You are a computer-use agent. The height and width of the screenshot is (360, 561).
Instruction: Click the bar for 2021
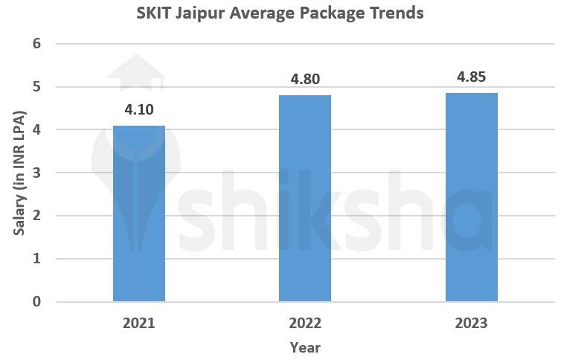(139, 213)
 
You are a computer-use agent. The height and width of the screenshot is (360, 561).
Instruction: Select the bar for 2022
(305, 199)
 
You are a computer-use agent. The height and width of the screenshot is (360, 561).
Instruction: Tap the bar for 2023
(471, 197)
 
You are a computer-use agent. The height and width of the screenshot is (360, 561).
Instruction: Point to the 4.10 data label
(139, 109)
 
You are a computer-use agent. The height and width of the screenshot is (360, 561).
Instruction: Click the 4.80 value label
(305, 80)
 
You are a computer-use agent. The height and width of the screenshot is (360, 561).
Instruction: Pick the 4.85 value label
(472, 77)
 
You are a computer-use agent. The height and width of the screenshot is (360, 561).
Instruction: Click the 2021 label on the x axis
(139, 323)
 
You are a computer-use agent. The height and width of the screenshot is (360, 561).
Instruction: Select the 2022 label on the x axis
(305, 323)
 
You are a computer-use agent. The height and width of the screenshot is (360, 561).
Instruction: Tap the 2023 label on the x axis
(472, 323)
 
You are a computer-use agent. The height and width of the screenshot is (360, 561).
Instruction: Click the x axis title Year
(305, 347)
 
